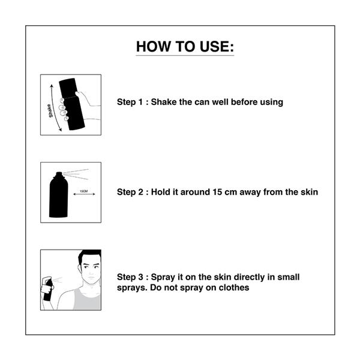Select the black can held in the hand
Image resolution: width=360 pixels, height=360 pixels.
(x=71, y=104)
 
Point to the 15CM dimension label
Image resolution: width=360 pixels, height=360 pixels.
(x=84, y=191)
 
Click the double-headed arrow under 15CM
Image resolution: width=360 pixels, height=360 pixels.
(x=84, y=194)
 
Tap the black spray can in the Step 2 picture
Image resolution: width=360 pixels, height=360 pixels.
(x=59, y=194)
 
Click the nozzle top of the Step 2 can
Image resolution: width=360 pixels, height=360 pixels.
(x=59, y=174)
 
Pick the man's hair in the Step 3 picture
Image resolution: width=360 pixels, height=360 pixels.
(x=89, y=257)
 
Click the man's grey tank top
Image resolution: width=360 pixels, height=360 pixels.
(x=87, y=299)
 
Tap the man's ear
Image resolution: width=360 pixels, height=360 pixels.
(x=80, y=269)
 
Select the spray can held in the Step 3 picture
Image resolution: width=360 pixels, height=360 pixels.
(x=48, y=290)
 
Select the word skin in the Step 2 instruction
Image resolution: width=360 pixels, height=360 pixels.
(x=310, y=192)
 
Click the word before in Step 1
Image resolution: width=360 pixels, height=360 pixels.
(x=244, y=102)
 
